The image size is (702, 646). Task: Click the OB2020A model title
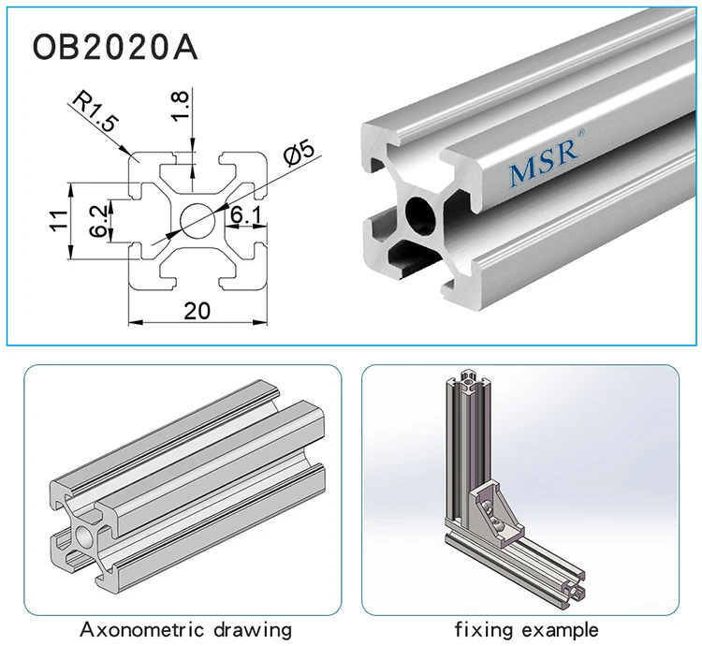[x=115, y=47]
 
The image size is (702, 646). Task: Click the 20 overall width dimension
[x=197, y=311]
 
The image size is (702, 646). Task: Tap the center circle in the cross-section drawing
[x=197, y=221]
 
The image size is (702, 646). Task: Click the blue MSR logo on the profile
[x=543, y=170]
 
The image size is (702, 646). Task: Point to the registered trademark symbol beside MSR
[x=581, y=135]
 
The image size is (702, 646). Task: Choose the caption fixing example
[x=526, y=629]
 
